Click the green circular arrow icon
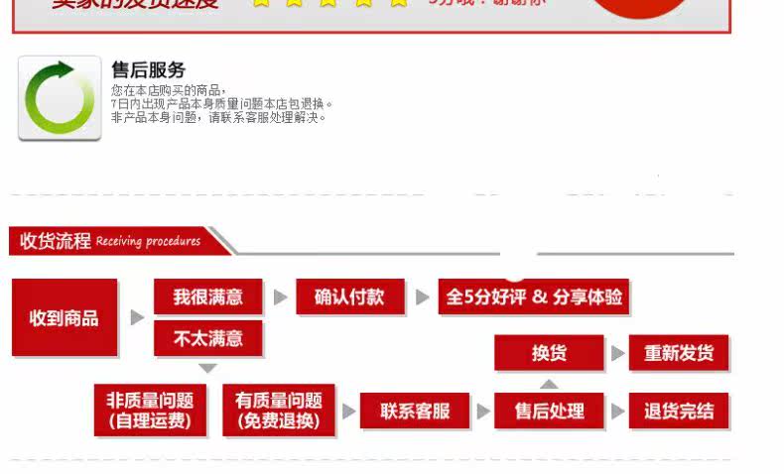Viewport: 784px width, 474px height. (59, 98)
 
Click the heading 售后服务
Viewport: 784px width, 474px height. (148, 69)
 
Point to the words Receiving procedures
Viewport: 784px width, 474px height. (148, 241)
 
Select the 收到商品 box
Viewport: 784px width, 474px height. (65, 317)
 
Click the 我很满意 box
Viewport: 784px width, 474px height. (208, 296)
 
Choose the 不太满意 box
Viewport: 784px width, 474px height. (208, 338)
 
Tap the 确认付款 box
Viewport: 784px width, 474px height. (349, 296)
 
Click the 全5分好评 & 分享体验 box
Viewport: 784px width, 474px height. (534, 296)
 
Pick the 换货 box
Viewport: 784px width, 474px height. (549, 353)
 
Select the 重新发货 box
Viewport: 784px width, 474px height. (679, 353)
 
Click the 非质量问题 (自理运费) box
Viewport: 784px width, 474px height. (150, 411)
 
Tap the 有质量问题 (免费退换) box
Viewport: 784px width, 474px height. (279, 411)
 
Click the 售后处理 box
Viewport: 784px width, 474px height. (549, 411)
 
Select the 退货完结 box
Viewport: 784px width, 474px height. (679, 411)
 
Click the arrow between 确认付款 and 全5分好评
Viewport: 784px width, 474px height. (422, 296)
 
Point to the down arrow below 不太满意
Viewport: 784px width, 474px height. (207, 368)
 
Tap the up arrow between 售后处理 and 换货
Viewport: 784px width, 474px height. (549, 383)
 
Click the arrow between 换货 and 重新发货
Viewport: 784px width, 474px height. (617, 353)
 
